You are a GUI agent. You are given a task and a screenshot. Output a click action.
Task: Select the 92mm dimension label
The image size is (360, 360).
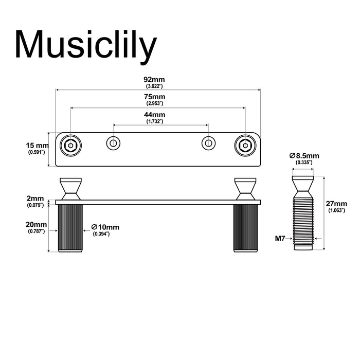pyautogui.click(x=155, y=79)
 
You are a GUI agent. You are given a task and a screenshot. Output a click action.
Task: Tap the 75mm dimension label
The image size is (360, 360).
pyautogui.click(x=155, y=97)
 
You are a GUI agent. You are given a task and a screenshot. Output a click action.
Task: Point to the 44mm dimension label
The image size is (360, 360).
pyautogui.click(x=155, y=115)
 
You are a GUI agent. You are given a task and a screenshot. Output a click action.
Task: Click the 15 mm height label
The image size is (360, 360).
pyautogui.click(x=37, y=146)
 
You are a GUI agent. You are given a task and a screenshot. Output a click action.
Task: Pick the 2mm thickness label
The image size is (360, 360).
pyautogui.click(x=36, y=199)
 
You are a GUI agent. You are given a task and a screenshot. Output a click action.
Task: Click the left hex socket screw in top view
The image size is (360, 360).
pyautogui.click(x=70, y=146)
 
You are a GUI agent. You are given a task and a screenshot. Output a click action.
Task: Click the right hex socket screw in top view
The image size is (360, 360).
pyautogui.click(x=245, y=146)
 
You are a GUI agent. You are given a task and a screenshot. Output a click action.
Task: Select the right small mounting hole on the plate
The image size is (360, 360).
pyautogui.click(x=208, y=143)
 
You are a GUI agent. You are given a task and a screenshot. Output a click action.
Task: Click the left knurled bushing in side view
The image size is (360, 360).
pyautogui.click(x=70, y=227)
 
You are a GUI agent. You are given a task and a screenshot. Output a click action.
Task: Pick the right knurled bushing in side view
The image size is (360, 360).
pyautogui.click(x=245, y=227)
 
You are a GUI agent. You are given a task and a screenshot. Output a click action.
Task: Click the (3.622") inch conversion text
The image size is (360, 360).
pyautogui.click(x=155, y=86)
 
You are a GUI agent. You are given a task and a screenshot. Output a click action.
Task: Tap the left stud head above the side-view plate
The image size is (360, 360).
pyautogui.click(x=70, y=188)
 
